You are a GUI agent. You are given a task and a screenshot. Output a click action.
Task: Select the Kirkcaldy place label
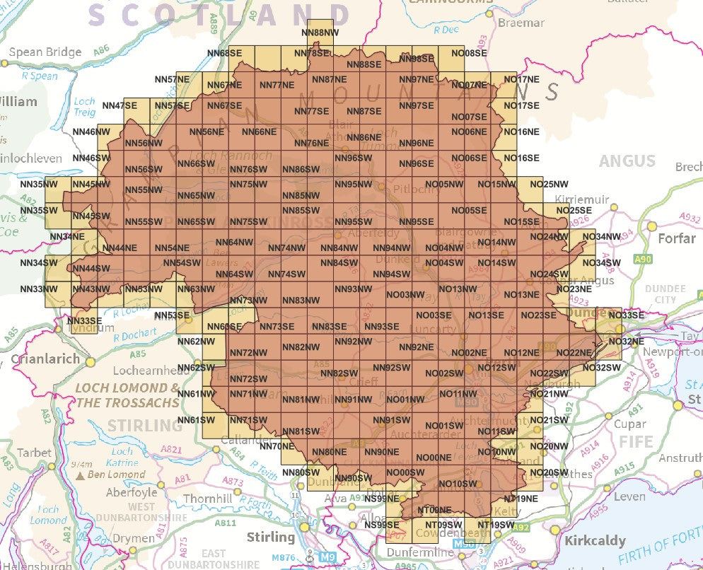point(595,541)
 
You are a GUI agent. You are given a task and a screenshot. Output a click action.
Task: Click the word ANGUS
point(627,161)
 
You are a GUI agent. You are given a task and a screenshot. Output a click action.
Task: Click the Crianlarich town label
point(45,359)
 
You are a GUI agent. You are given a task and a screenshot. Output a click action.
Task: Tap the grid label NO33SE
point(626,315)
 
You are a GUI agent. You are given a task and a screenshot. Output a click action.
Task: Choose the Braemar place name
point(521,23)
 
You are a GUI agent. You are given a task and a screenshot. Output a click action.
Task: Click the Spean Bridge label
point(45,52)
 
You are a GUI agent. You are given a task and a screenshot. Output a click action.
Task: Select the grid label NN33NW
point(39,289)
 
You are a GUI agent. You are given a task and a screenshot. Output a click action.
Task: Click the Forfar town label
point(677,238)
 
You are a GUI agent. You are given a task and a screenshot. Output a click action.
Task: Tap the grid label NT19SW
point(496,525)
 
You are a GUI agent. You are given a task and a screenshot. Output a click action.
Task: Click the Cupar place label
point(629,424)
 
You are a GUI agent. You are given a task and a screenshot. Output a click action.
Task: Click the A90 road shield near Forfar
point(643,260)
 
